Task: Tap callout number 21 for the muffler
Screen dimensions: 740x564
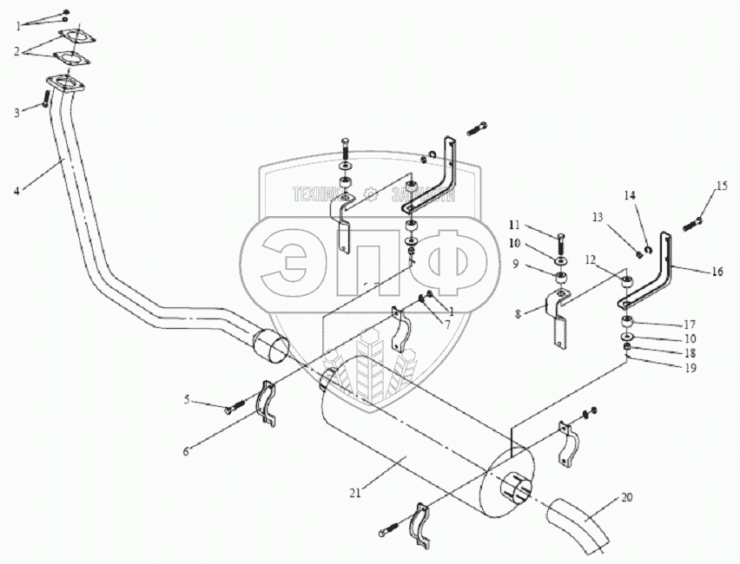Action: (355, 493)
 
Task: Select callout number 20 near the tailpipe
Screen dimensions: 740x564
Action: (628, 499)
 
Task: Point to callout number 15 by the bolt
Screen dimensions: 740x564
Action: (722, 186)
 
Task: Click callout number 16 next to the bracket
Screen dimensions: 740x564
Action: (717, 272)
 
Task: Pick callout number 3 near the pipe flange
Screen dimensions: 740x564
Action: (16, 112)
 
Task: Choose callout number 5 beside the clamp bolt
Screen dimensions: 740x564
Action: (187, 400)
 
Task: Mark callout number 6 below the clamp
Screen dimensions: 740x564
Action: (187, 451)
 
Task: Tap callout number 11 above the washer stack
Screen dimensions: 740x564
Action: (538, 225)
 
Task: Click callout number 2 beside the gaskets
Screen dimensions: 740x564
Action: (16, 51)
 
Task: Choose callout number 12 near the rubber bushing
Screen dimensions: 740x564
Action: (591, 259)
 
